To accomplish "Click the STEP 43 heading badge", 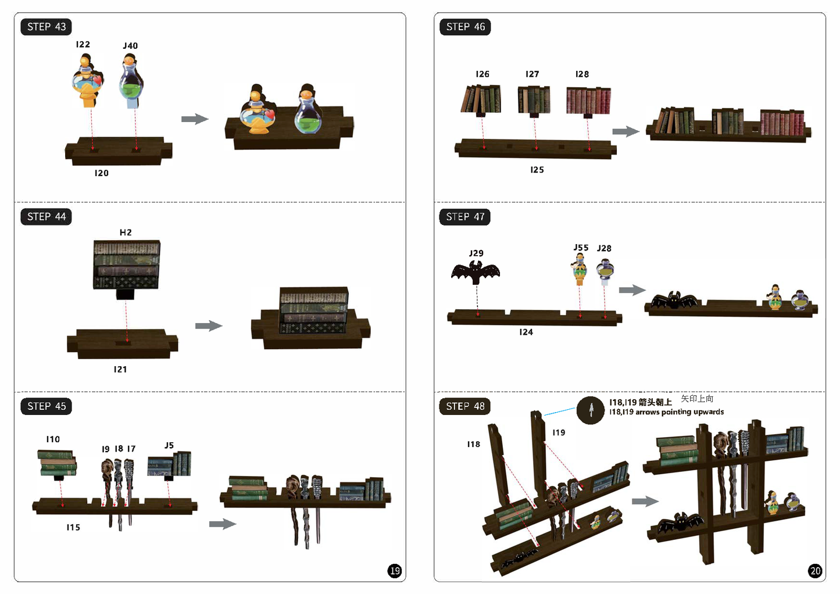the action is [x=46, y=27].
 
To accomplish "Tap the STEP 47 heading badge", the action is [x=465, y=217].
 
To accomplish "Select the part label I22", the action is [x=83, y=44].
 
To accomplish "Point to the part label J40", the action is [x=130, y=46].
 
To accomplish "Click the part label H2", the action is [x=126, y=232].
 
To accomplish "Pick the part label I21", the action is [x=120, y=370].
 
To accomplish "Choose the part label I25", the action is [x=537, y=170].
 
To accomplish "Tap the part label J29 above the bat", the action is [x=476, y=253].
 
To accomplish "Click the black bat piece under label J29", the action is [x=476, y=272].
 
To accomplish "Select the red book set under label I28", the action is [x=588, y=101].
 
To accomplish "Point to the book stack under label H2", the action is [x=126, y=267].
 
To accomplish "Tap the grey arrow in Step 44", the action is [x=209, y=325].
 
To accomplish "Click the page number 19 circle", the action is [x=395, y=571].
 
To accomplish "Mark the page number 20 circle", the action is [x=815, y=571].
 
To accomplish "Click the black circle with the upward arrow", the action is [x=591, y=410].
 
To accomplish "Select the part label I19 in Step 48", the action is [x=559, y=432].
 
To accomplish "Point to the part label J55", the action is [x=581, y=248].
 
